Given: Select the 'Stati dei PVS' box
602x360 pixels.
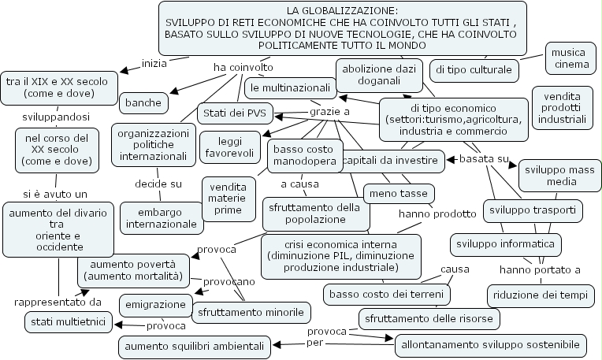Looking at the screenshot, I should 234,113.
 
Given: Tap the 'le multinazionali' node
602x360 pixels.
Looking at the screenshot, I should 289,86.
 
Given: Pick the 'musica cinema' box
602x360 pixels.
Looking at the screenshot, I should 570,58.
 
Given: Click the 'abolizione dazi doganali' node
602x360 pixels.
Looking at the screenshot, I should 377,76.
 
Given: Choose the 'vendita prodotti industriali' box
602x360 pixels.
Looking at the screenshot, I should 563,107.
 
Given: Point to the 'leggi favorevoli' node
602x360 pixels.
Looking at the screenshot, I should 225,144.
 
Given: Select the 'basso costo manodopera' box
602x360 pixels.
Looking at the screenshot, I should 304,155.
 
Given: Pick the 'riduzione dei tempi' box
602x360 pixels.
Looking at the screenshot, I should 540,295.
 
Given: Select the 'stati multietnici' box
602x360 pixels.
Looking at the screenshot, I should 68,321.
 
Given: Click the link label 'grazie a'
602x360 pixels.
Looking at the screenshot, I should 329,113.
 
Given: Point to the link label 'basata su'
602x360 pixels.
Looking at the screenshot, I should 483,159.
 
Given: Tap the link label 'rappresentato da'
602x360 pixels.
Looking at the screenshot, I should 58,301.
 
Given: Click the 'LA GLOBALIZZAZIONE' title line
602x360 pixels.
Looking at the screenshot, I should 342,11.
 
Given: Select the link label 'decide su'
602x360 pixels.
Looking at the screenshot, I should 158,184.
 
